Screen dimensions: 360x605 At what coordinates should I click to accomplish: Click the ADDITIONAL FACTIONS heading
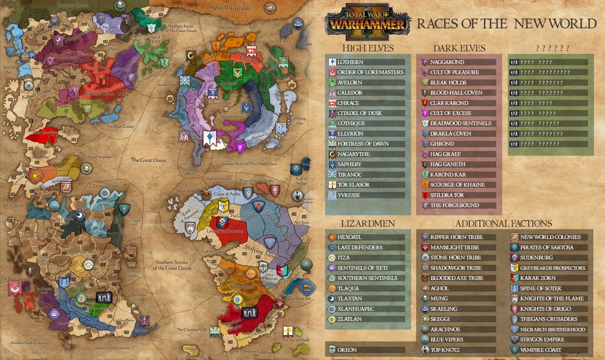[x=503, y=223]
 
